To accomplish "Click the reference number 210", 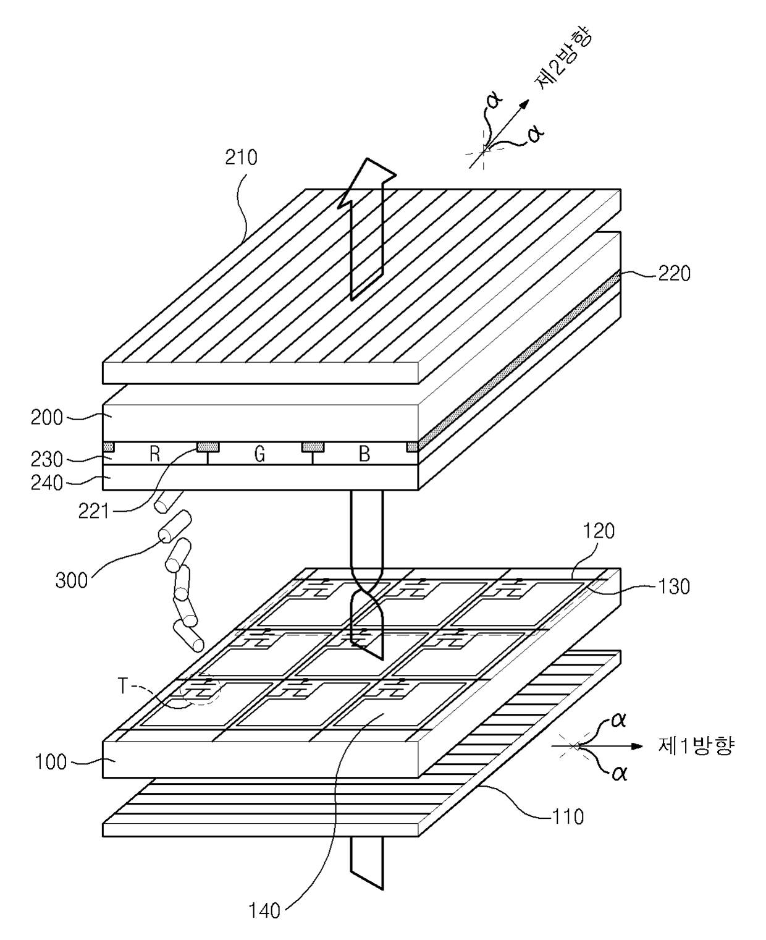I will tap(241, 158).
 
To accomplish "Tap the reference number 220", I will tap(674, 273).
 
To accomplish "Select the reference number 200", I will tap(48, 418).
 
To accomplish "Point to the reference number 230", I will tap(48, 459).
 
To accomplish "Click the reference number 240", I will tap(48, 483).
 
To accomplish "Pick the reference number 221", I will tap(94, 511).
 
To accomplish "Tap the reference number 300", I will tap(72, 580).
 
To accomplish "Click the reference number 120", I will tap(599, 531).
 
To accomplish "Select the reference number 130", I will tap(674, 586).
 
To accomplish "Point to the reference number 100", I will tap(51, 762).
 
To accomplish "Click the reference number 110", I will tap(568, 817).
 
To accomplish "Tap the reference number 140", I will tap(264, 910).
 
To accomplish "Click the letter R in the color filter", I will tap(154, 454).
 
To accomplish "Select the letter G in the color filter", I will tap(259, 454).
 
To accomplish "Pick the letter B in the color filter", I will tap(364, 454).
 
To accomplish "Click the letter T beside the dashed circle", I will tap(123, 687).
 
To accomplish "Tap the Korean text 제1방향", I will tap(696, 746).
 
